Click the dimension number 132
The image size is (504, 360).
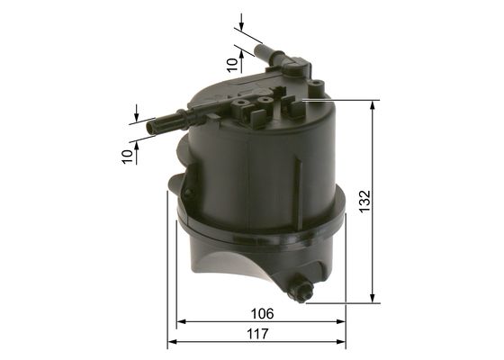pyautogui.click(x=365, y=202)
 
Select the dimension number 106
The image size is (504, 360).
pyautogui.click(x=262, y=314)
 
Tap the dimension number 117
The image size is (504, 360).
pyautogui.click(x=257, y=334)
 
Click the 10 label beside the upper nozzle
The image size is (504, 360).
pyautogui.click(x=232, y=65)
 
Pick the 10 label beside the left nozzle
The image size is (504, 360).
pyautogui.click(x=127, y=157)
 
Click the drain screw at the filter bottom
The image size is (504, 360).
pyautogui.click(x=300, y=287)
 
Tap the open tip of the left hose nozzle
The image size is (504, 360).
pyautogui.click(x=150, y=126)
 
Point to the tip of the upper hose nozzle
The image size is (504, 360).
pyautogui.click(x=258, y=49)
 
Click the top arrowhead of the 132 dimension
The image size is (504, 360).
pyautogui.click(x=373, y=105)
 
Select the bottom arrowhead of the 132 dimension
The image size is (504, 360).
pyautogui.click(x=373, y=297)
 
